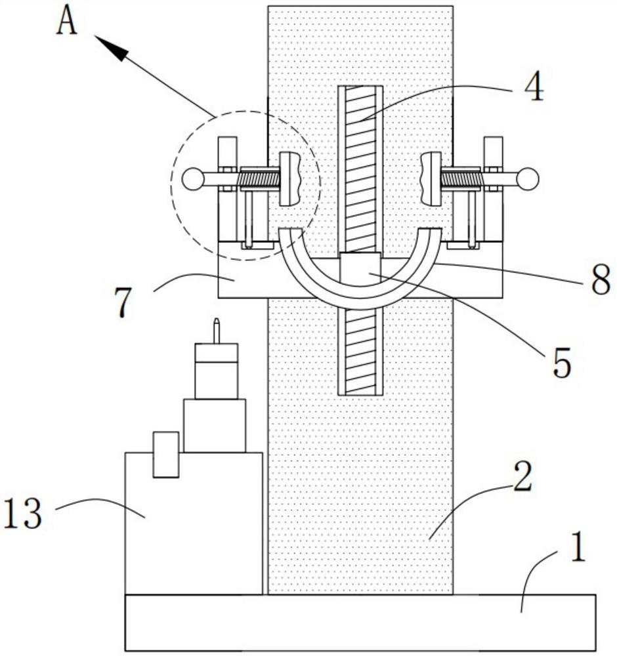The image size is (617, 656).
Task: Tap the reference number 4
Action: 534,88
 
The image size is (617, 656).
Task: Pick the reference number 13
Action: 24,513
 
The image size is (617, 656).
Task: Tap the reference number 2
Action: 522,476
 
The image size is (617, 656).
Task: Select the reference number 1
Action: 578,546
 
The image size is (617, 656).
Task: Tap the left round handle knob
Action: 193,179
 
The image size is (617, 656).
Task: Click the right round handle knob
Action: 528,178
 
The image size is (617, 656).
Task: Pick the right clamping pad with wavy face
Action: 431,178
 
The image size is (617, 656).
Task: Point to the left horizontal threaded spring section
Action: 259,179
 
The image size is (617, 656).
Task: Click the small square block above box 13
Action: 166,455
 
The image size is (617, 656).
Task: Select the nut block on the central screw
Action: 360,268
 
